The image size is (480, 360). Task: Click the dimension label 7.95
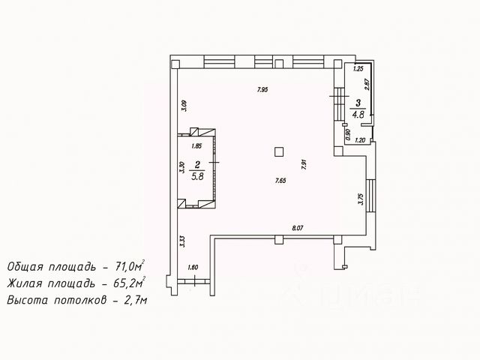point(262,90)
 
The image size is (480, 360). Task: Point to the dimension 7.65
point(280,180)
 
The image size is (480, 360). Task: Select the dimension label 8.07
point(297,228)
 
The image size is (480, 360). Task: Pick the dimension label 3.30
point(182,169)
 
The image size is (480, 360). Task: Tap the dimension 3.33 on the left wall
point(182,241)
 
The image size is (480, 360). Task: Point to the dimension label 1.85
point(196,146)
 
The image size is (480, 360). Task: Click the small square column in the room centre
point(279,151)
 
